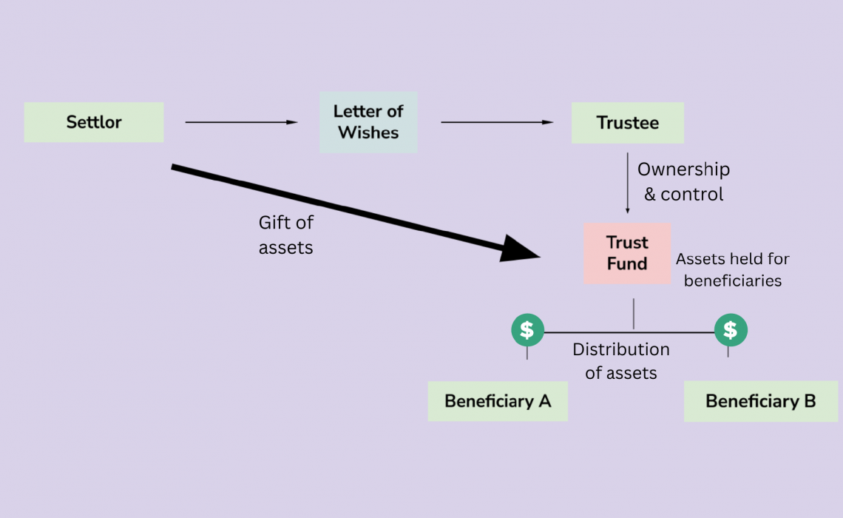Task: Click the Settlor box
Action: coord(94,122)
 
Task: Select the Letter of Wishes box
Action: coord(368,122)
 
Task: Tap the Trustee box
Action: coord(627,123)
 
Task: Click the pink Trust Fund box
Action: coord(627,253)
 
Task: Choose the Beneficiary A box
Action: coord(498,401)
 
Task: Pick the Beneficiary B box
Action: coord(760,401)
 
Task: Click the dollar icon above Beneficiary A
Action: coord(527,330)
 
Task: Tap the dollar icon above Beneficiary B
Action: coord(731,330)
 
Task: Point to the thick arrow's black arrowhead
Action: coord(521,249)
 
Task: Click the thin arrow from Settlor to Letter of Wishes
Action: coord(240,122)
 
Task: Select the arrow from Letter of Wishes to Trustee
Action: coord(497,122)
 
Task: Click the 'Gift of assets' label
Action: coord(285,235)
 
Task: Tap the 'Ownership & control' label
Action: coord(683,181)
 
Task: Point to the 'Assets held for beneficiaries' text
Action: coord(733,269)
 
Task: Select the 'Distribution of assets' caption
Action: coord(621,361)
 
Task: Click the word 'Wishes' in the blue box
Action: coord(368,133)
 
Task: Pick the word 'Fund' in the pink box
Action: coord(627,263)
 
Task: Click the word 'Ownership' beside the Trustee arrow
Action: coord(683,169)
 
